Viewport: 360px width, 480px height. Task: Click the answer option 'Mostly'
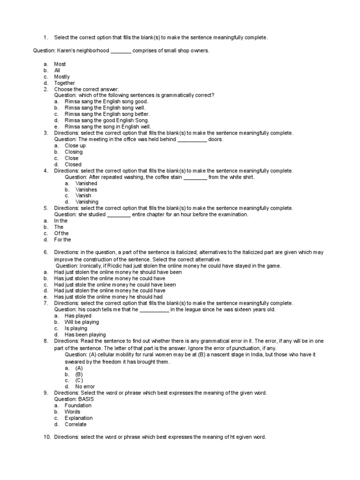coord(62,76)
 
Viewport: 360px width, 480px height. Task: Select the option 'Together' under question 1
coord(64,83)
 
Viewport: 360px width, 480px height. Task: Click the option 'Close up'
coord(75,145)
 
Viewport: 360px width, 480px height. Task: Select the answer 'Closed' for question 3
coord(73,165)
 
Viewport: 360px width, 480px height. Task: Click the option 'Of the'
coord(61,233)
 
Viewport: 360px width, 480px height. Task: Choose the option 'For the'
coord(62,240)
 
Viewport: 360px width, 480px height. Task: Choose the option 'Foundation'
coord(78,405)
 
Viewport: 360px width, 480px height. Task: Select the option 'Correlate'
coord(75,424)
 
